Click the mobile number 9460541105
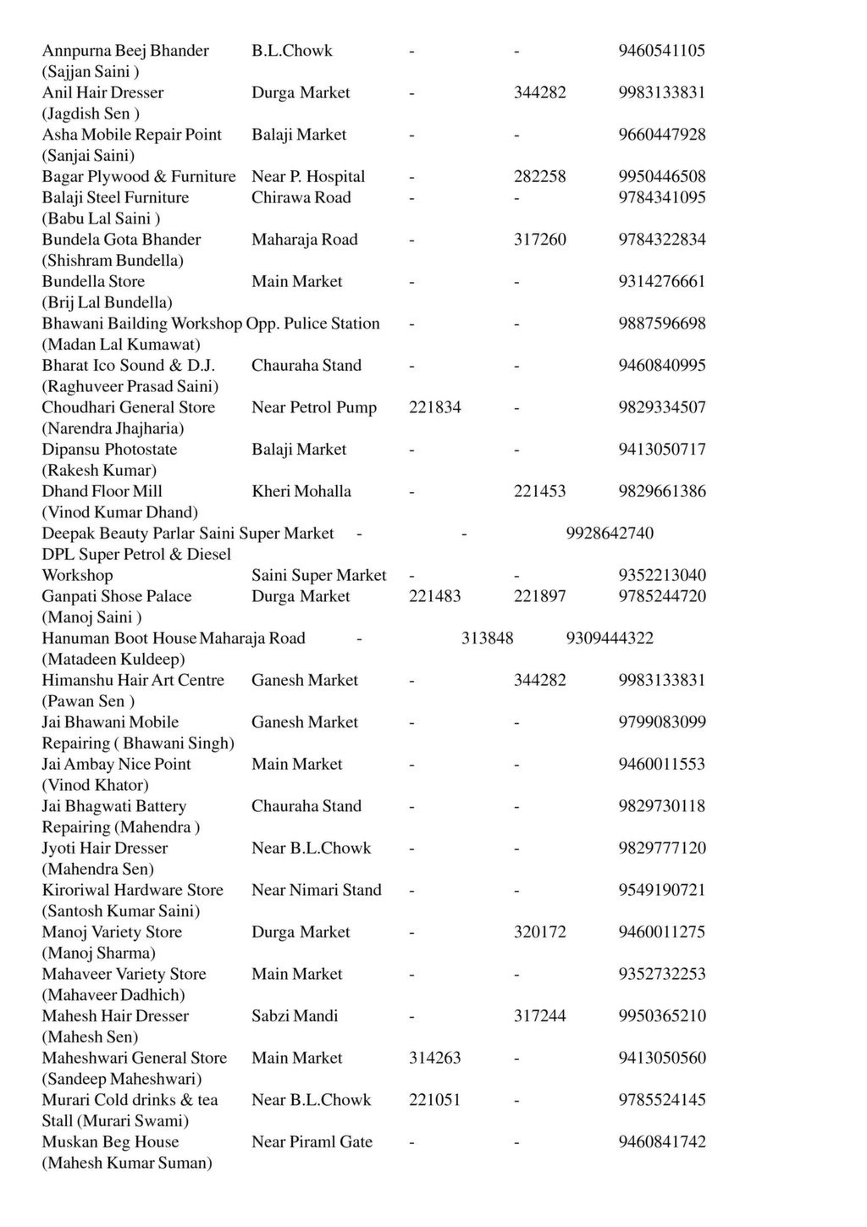coord(661,51)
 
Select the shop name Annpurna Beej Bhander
coord(125,51)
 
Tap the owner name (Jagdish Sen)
coord(91,113)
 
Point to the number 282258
coord(539,177)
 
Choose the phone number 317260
coord(539,240)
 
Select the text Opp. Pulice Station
coord(312,323)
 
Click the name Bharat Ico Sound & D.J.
coord(129,366)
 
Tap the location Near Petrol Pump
coord(313,407)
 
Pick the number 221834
coord(434,407)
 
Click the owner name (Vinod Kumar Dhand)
coord(119,512)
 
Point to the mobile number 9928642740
coord(609,533)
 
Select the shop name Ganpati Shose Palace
coord(117,596)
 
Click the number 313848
coord(487,638)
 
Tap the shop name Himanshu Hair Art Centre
coord(133,680)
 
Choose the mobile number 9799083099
coord(661,722)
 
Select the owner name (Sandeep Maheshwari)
coord(122,1079)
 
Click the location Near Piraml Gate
coord(312,1142)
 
